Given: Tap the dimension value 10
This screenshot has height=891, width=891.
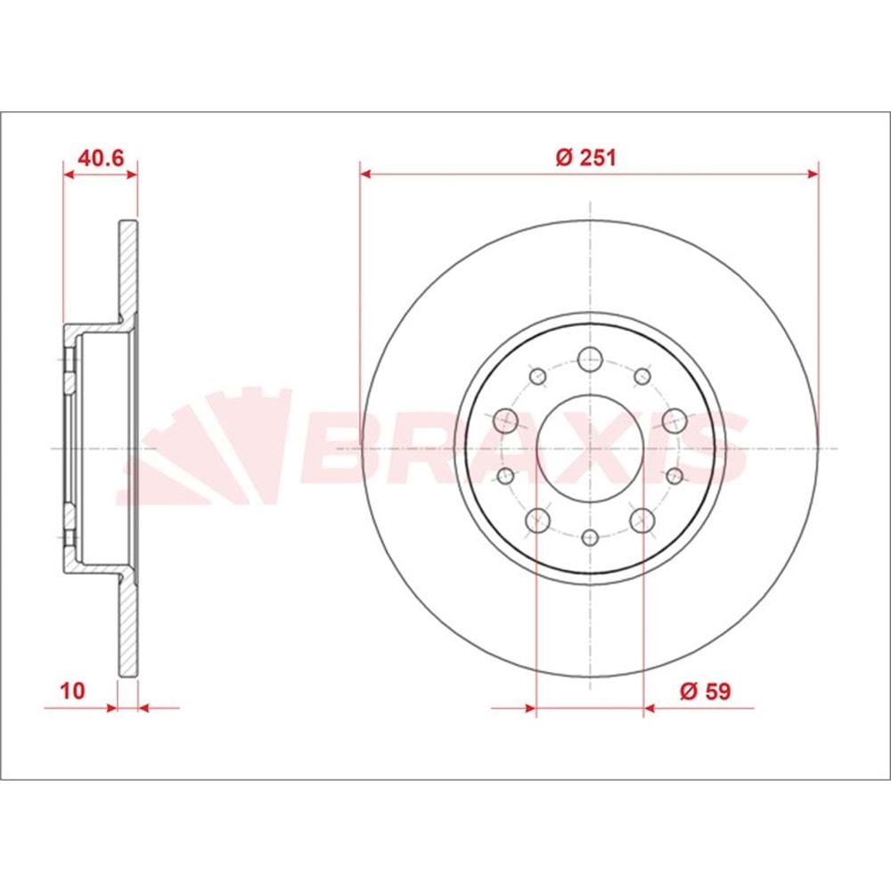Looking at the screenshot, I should (x=72, y=689).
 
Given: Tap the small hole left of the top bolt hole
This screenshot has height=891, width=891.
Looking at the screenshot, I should (x=537, y=377).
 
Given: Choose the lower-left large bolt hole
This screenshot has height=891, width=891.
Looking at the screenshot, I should (x=537, y=519).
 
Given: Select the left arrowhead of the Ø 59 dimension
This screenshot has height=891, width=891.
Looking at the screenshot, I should (x=530, y=708).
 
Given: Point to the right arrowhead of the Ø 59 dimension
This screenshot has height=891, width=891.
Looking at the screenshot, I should (x=650, y=708).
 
